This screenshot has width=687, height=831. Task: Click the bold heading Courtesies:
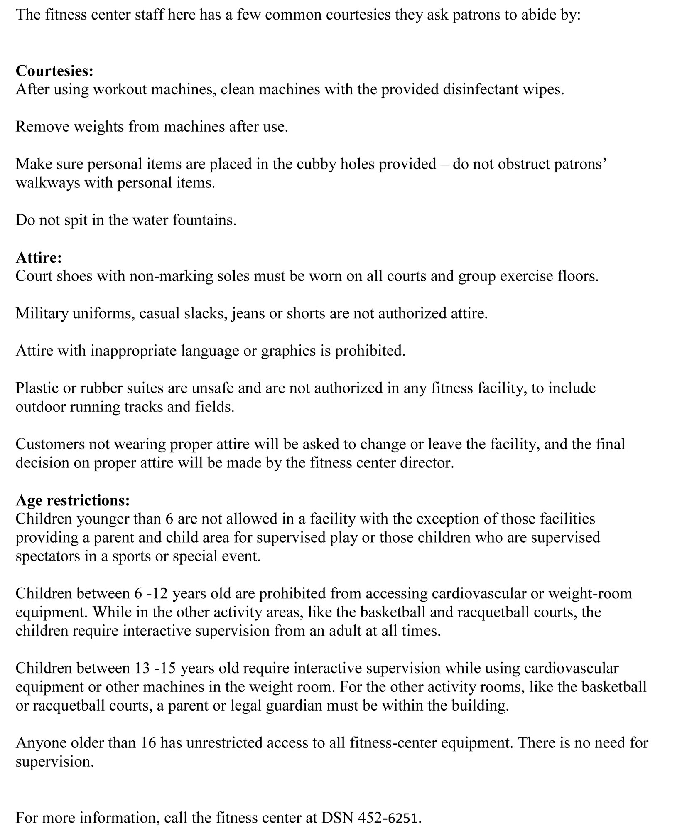pyautogui.click(x=54, y=71)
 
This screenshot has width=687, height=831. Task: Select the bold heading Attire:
pyautogui.click(x=39, y=258)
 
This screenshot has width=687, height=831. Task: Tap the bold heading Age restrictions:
pyautogui.click(x=73, y=500)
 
